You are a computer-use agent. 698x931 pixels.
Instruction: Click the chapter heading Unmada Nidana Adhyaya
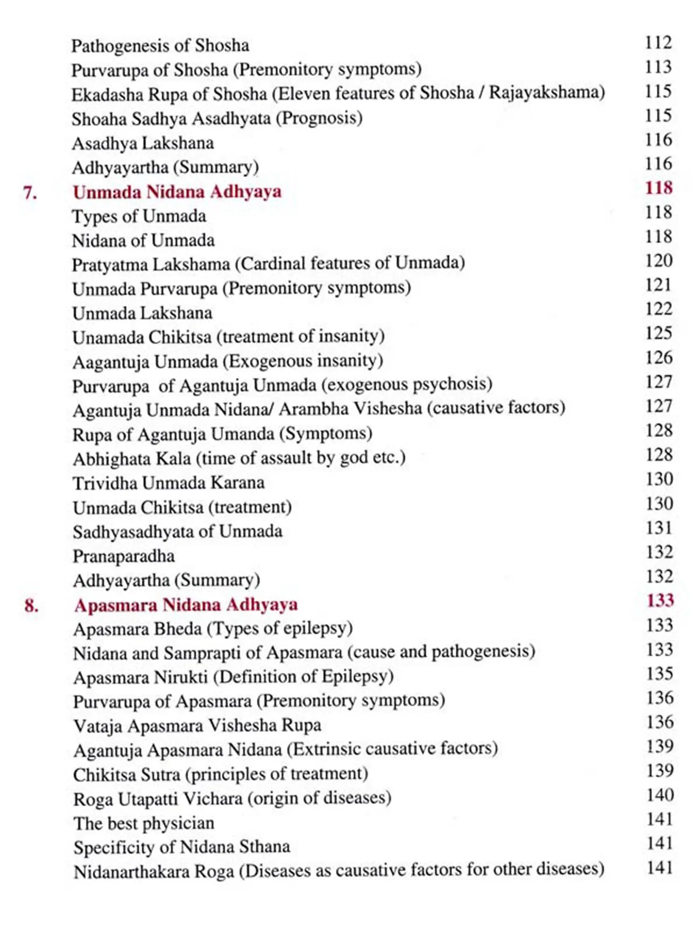point(177,192)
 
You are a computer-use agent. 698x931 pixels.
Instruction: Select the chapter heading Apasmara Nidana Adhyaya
point(186,605)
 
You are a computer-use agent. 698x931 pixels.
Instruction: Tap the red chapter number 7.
point(30,192)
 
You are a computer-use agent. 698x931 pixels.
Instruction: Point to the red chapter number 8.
point(31,605)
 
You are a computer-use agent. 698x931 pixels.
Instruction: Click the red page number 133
point(660,600)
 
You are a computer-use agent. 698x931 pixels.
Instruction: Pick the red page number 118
point(658,188)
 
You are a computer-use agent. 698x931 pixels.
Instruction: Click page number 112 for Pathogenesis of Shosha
point(658,42)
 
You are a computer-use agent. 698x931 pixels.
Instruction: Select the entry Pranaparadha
point(124,556)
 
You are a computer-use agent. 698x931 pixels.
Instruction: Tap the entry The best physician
point(144,823)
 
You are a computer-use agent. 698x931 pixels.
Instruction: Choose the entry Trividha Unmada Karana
point(168,483)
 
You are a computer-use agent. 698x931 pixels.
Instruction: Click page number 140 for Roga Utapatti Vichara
point(660,795)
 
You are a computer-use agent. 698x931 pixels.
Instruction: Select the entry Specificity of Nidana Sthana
point(181,847)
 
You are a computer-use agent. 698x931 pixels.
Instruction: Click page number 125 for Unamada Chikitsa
point(658,333)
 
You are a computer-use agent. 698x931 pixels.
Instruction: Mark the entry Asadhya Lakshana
point(143,143)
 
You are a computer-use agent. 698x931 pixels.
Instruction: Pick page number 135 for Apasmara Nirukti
point(659,674)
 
